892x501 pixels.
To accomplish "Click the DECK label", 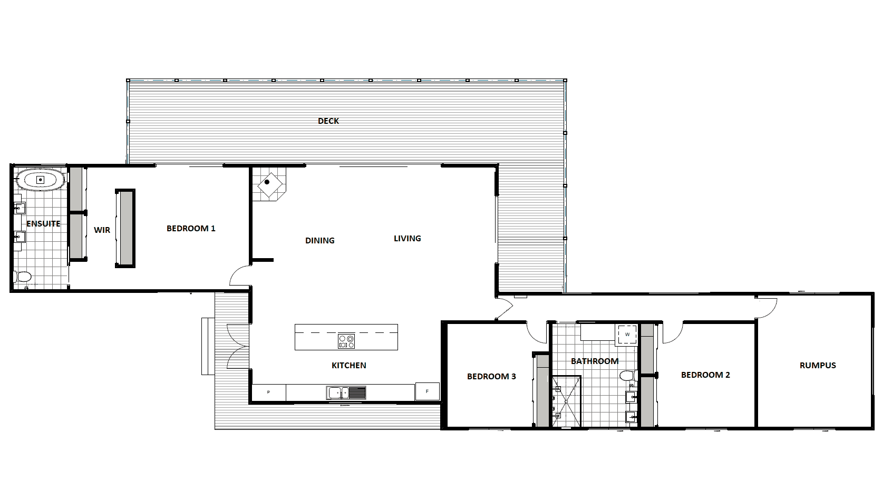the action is point(328,121).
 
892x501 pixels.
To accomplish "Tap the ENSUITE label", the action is point(43,224).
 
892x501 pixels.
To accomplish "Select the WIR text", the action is point(102,230).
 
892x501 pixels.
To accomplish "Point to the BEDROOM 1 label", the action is point(191,229).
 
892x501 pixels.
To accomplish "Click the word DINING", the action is point(320,240).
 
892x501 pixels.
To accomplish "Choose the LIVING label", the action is point(408,238).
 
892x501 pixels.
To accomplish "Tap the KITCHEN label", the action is point(349,365).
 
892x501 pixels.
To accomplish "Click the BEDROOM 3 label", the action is point(491,377).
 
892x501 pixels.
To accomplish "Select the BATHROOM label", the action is point(595,361).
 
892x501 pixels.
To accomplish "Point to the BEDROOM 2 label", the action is point(705,375).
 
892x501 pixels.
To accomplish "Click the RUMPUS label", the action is point(818,365).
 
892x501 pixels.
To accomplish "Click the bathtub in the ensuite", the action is point(40,180).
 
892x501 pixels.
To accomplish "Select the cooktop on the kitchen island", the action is point(346,341).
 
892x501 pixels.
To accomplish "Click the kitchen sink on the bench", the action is point(346,393).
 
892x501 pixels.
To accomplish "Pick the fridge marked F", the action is point(427,391).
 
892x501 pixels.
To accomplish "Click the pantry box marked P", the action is point(269,392).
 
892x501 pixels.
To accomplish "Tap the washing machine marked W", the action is point(627,335).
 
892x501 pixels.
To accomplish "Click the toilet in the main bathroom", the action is point(628,375).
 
